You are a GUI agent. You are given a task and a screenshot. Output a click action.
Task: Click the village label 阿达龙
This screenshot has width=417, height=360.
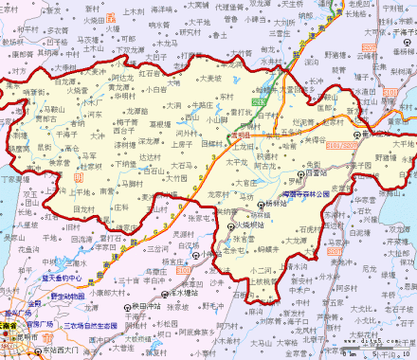tap(122, 79)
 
